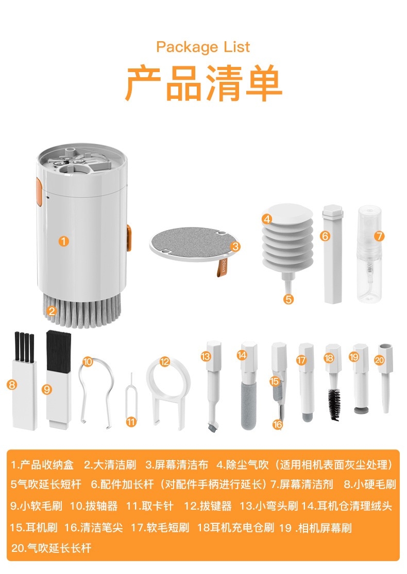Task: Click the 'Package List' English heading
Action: pyautogui.click(x=203, y=47)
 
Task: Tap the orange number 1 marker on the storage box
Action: pyautogui.click(x=63, y=241)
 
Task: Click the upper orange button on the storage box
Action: pyautogui.click(x=39, y=192)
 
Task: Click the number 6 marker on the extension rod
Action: pyautogui.click(x=325, y=236)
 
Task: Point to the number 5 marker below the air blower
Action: pyautogui.click(x=289, y=299)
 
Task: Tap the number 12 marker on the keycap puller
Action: pyautogui.click(x=165, y=362)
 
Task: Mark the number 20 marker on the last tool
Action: pyautogui.click(x=379, y=360)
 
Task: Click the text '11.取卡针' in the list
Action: pyautogui.click(x=149, y=506)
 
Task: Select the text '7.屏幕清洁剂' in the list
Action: pyautogui.click(x=302, y=484)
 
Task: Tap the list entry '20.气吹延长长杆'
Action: pyautogui.click(x=51, y=548)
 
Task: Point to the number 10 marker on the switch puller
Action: pyautogui.click(x=88, y=362)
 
